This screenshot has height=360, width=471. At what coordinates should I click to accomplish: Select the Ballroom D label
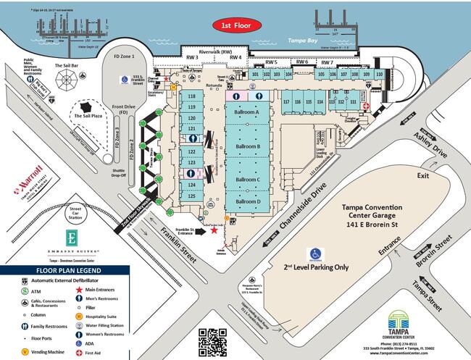point(248,201)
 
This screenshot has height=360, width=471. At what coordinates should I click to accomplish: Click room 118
point(192,96)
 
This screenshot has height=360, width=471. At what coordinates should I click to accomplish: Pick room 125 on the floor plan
point(192,195)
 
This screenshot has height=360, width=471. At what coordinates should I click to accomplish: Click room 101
point(257,74)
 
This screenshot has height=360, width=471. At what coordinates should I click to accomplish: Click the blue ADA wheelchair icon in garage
point(315,254)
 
